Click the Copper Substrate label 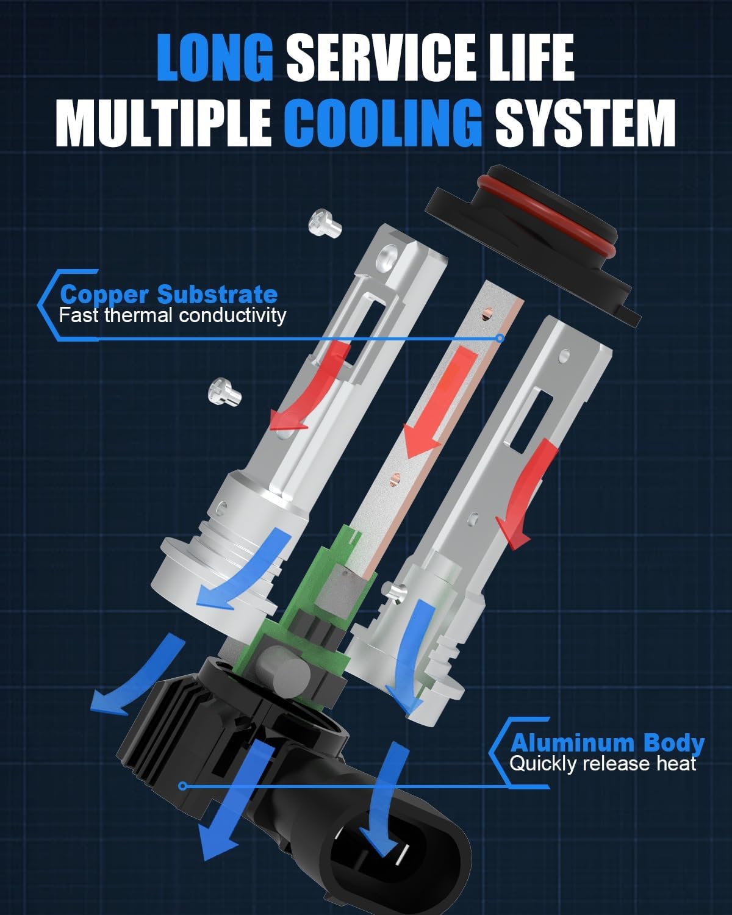click(169, 295)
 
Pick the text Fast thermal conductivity click(173, 315)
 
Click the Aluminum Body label click(607, 743)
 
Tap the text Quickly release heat click(603, 763)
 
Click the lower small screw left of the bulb click(224, 390)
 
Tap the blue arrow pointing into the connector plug click(383, 805)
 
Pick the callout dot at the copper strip click(500, 337)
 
